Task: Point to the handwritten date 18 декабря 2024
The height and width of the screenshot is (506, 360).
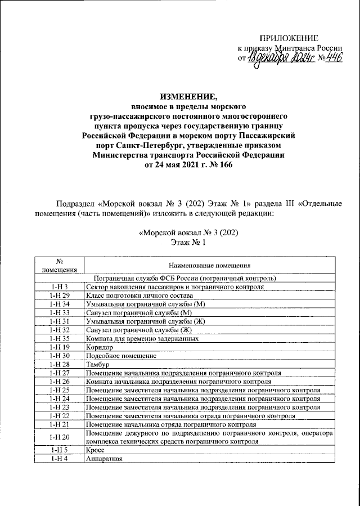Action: tap(274, 59)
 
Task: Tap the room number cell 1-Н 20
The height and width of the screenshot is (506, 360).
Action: tap(59, 437)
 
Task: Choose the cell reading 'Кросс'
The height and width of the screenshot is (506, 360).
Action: tap(95, 450)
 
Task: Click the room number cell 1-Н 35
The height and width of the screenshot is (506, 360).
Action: tap(59, 339)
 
